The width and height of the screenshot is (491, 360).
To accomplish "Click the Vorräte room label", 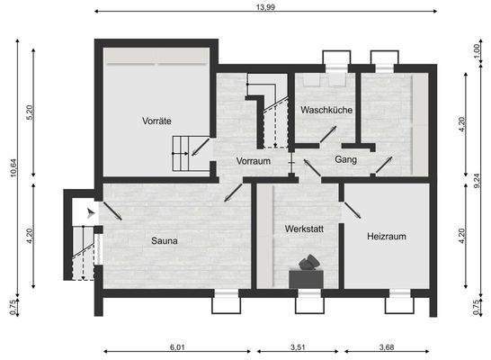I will pyautogui.click(x=156, y=120).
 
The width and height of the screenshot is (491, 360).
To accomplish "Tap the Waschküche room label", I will pyautogui.click(x=327, y=111).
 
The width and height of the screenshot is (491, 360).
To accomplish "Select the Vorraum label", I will pyautogui.click(x=254, y=160).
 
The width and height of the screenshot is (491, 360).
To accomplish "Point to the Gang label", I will pyautogui.click(x=346, y=159).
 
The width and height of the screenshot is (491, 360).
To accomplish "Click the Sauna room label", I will pyautogui.click(x=164, y=240).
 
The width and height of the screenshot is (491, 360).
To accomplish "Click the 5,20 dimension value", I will pyautogui.click(x=31, y=113).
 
